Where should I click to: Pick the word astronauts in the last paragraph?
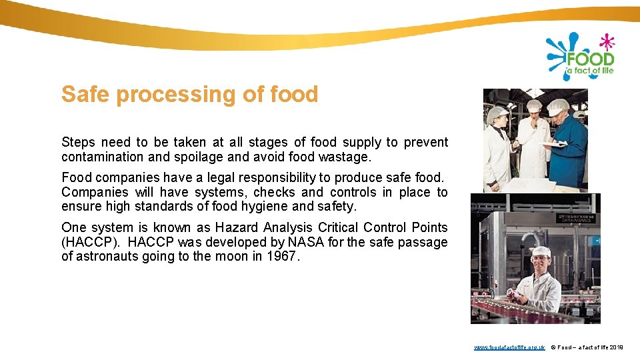(x=107, y=256)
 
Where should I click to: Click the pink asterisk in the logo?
(x=606, y=42)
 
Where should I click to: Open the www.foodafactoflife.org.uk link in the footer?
(x=509, y=347)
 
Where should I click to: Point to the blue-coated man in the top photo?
(x=569, y=147)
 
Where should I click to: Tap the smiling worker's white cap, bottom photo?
(x=541, y=251)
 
